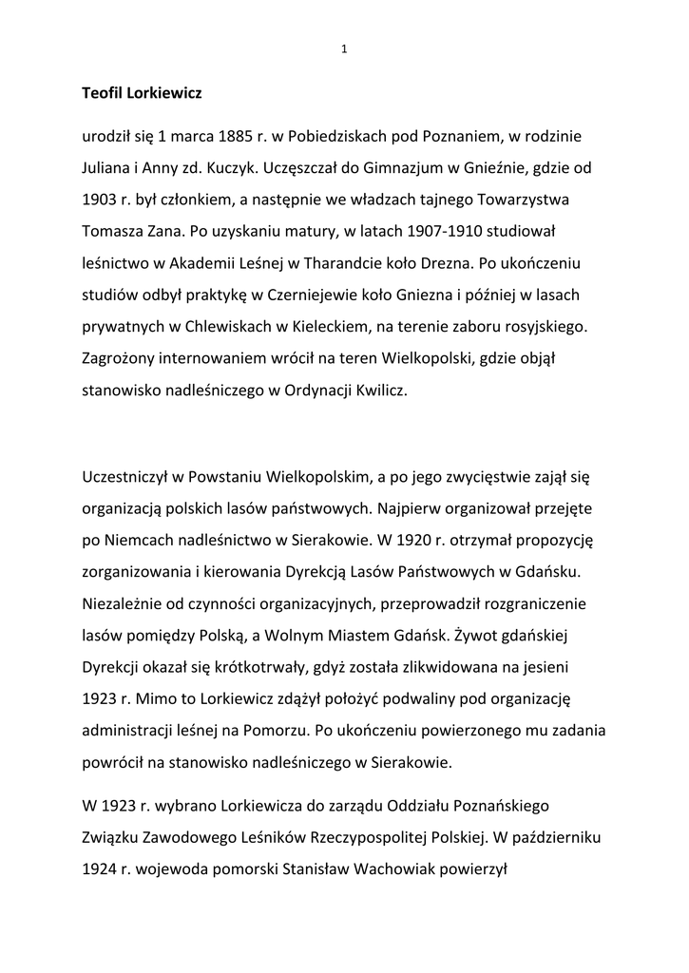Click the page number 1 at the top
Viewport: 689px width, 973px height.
(x=344, y=50)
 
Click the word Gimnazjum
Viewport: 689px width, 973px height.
(x=397, y=165)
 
